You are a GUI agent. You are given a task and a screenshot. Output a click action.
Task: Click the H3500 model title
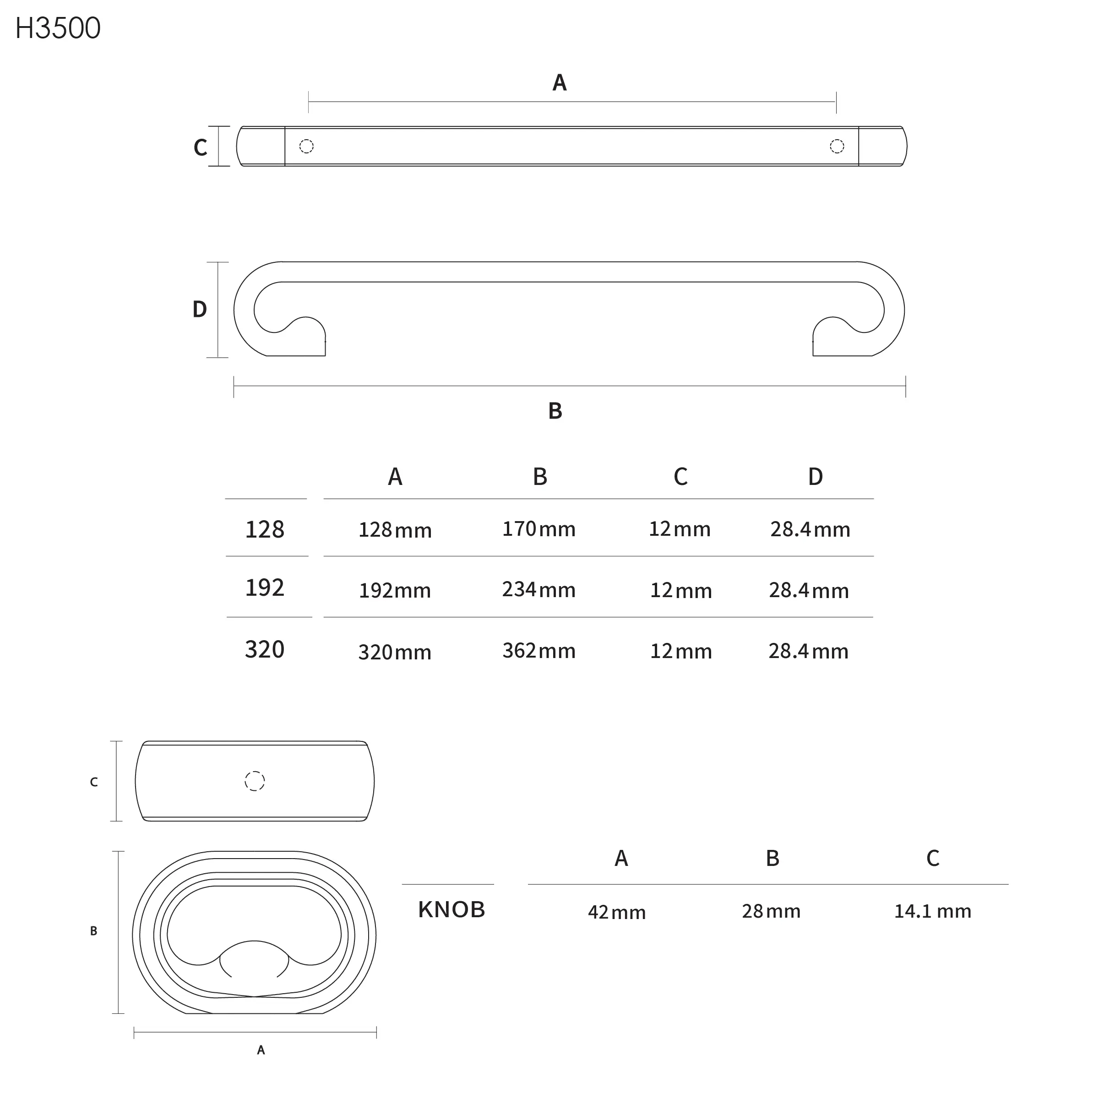(58, 28)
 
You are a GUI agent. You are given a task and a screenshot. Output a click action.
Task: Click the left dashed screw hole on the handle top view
(306, 146)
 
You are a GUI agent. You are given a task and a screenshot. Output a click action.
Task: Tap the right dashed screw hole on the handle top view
(837, 146)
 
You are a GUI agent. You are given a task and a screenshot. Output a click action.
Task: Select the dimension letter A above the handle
(560, 83)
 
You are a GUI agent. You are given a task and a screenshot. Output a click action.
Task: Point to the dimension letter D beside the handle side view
(200, 310)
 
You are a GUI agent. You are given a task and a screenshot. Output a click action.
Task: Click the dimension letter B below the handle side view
(555, 411)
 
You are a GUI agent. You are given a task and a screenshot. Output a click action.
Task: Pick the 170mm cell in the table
(539, 529)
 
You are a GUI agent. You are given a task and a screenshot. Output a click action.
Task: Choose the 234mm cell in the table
(539, 589)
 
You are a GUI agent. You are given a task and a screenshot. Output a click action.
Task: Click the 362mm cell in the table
(539, 651)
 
